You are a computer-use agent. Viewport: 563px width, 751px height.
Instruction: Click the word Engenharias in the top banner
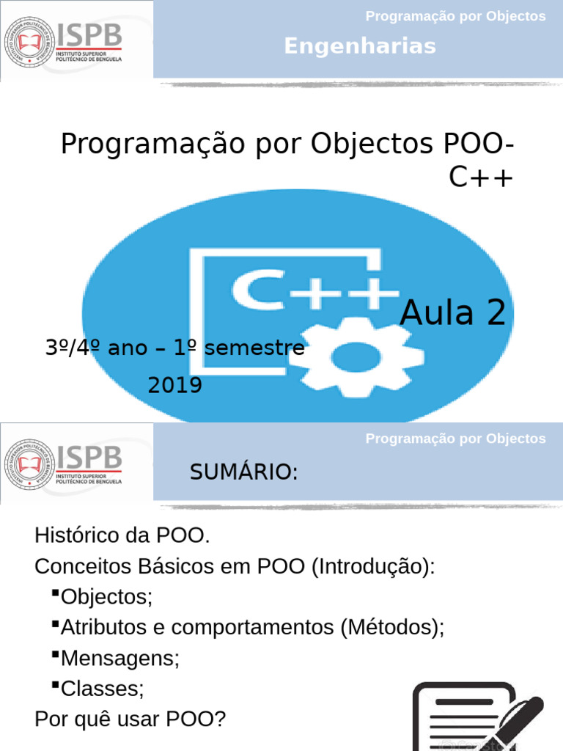click(360, 46)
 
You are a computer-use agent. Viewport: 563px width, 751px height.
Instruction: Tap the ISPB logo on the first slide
click(65, 40)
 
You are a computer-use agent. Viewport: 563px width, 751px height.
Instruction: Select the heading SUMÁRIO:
click(243, 473)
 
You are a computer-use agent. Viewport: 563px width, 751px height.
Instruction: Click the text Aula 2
click(453, 313)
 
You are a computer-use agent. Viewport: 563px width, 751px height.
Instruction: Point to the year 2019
click(175, 385)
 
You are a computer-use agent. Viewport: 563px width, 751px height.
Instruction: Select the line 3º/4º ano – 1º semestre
click(175, 348)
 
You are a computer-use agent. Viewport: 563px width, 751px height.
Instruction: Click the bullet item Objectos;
click(106, 597)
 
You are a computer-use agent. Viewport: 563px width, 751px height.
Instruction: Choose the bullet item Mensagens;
click(119, 658)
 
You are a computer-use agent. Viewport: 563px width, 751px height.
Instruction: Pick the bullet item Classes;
click(103, 689)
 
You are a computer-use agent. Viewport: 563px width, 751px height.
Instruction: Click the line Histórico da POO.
click(122, 536)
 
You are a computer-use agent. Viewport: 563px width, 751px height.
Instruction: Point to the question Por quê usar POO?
click(130, 719)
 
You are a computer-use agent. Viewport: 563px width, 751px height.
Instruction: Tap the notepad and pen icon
click(477, 715)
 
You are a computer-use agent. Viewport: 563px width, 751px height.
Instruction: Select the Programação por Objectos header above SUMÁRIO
click(455, 439)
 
